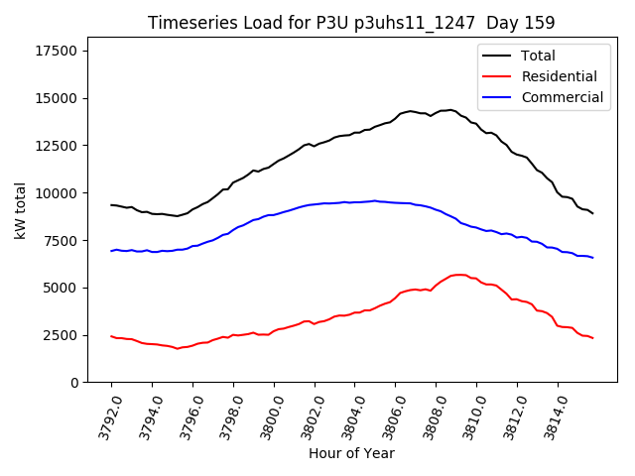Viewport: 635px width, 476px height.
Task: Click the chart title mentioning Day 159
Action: [351, 23]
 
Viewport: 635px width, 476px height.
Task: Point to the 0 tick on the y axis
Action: [73, 383]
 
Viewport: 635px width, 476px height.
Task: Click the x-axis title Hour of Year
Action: [351, 454]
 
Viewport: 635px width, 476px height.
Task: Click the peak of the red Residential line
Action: [458, 275]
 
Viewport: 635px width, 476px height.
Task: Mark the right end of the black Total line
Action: [592, 213]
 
